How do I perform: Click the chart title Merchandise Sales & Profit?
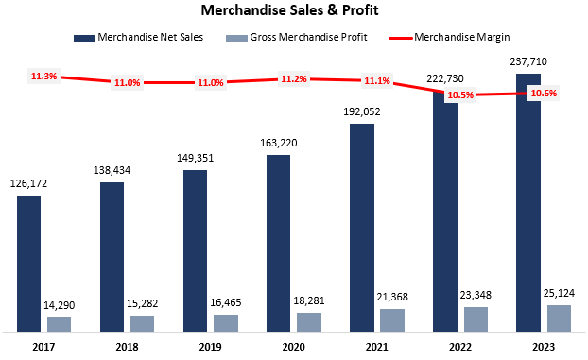[294, 12]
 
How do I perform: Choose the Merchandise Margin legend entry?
[450, 37]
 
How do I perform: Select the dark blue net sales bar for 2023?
[529, 202]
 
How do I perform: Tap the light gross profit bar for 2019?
[226, 322]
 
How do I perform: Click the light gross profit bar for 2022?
[476, 318]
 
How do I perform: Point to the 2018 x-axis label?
[127, 346]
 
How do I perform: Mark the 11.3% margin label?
[43, 77]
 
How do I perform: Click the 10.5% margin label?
[459, 95]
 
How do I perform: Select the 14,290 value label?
[59, 306]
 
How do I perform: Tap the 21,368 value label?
[392, 299]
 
